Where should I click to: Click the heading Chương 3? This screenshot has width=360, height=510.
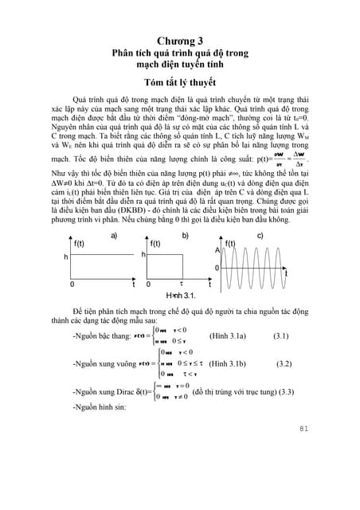pos(180,40)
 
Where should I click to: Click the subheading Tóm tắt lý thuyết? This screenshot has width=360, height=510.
pos(180,81)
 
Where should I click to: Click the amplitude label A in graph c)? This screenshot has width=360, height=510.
pos(217,250)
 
